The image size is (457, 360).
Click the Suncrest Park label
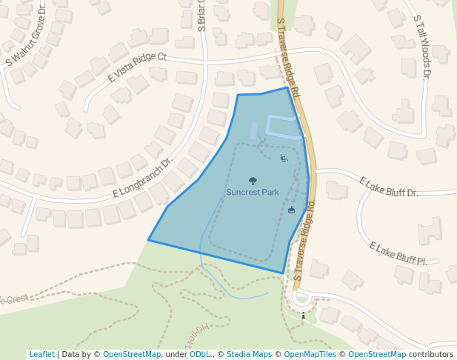coord(253,193)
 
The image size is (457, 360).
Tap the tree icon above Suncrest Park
coord(253,181)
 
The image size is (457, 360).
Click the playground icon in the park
coord(284,158)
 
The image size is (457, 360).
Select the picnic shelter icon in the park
coord(292,210)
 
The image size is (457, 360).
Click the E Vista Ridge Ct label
coord(137,67)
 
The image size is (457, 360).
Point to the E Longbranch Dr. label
coord(142,178)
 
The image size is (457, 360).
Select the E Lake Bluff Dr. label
coord(389,187)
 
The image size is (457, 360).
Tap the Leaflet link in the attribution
coord(41,354)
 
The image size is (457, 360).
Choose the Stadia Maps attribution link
coord(249,354)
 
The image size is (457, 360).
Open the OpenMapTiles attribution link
coord(310,354)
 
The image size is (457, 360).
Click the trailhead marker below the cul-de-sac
coord(303,316)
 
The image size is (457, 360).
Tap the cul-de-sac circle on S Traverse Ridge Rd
coord(301,299)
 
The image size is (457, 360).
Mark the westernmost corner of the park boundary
coord(149,240)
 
